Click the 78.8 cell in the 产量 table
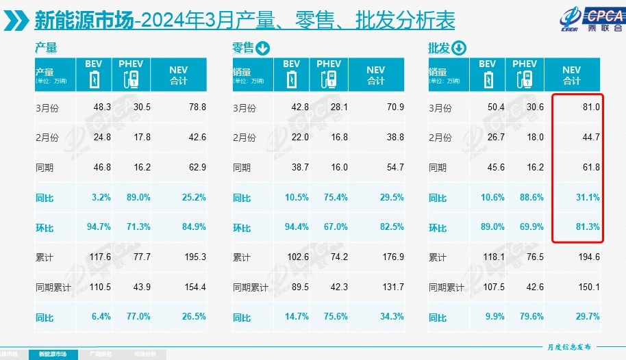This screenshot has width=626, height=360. pyautogui.click(x=197, y=108)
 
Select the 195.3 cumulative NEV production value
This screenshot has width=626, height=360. pyautogui.click(x=195, y=257)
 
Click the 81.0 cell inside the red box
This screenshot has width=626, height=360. pyautogui.click(x=590, y=108)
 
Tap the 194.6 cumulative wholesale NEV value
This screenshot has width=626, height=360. pyautogui.click(x=588, y=257)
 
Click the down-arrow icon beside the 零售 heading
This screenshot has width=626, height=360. pyautogui.click(x=262, y=48)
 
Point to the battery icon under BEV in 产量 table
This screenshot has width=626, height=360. pyautogui.click(x=95, y=79)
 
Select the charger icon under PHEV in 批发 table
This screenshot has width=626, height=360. pyautogui.click(x=525, y=79)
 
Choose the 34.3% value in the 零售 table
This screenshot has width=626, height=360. pyautogui.click(x=392, y=317)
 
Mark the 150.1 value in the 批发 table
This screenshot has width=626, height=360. pyautogui.click(x=588, y=287)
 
